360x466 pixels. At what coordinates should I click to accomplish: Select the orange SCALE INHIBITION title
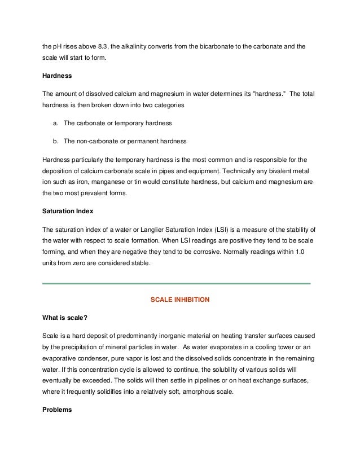[179, 300]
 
